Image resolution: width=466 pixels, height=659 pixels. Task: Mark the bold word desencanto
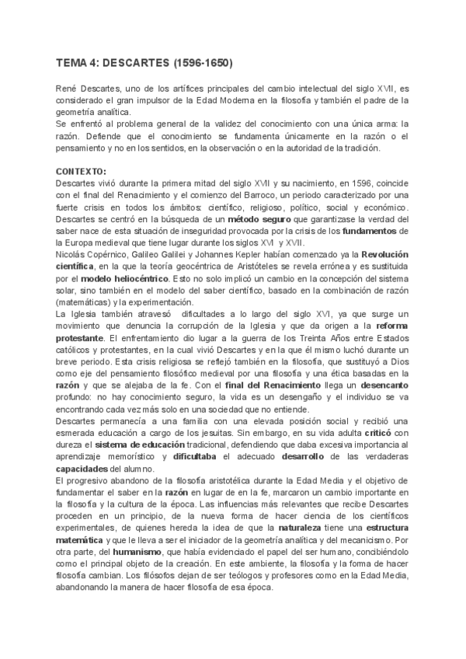coord(381,383)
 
